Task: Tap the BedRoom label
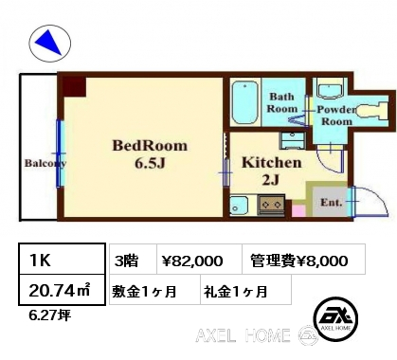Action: click(150, 146)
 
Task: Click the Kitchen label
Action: click(272, 163)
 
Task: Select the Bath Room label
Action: click(282, 102)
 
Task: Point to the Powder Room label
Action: click(336, 116)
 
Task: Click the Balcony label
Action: click(45, 163)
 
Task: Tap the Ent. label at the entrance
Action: click(332, 203)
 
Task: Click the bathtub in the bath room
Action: click(245, 102)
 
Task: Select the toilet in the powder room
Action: click(372, 111)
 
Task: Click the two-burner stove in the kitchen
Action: click(271, 205)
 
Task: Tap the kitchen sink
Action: click(239, 205)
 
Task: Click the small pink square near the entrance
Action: click(298, 210)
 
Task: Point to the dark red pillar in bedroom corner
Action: click(74, 86)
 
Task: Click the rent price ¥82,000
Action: click(192, 261)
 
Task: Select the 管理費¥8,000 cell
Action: click(299, 261)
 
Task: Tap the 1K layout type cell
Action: click(62, 259)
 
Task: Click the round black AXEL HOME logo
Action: click(335, 318)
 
